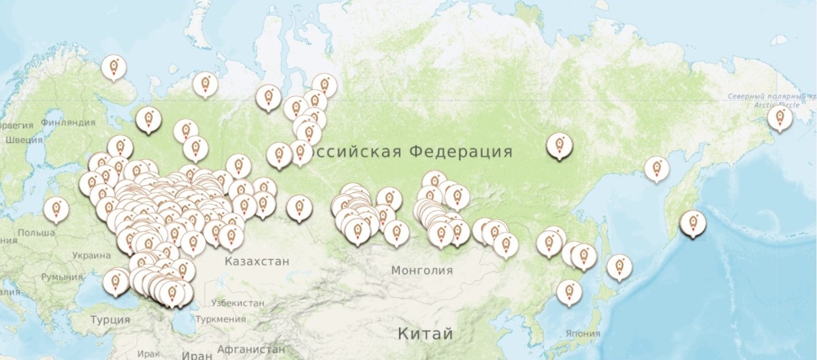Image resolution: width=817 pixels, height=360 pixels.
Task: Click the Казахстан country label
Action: click(x=257, y=261)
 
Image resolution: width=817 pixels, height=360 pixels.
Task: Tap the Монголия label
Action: click(x=421, y=270)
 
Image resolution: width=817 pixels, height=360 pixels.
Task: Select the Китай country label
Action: click(x=426, y=334)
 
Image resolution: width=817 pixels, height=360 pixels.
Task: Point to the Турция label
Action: click(x=110, y=319)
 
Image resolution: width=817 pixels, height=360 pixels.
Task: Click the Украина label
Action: click(x=89, y=256)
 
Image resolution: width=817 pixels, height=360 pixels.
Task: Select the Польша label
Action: click(x=37, y=233)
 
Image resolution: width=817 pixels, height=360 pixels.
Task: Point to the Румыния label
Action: click(x=61, y=277)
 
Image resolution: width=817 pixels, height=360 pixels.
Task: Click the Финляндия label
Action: click(x=68, y=122)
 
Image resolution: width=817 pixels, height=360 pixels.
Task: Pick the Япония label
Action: click(x=583, y=333)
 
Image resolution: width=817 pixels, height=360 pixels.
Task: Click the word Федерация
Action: click(x=461, y=151)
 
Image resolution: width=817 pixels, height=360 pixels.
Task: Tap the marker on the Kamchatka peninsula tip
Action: click(x=693, y=223)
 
